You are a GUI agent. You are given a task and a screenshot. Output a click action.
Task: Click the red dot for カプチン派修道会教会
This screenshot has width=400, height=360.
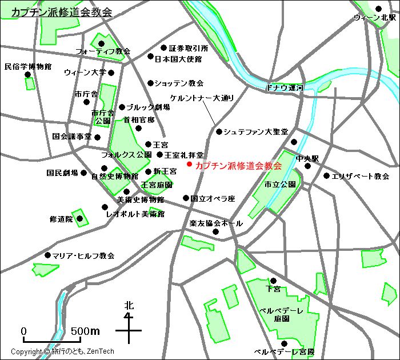(189, 165)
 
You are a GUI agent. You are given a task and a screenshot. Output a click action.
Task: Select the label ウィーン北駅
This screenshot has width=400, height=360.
(374, 18)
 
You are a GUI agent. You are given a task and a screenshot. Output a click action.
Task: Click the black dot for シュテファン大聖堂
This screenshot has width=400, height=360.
(219, 132)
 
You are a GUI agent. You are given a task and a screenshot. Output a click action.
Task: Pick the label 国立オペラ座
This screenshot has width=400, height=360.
(213, 199)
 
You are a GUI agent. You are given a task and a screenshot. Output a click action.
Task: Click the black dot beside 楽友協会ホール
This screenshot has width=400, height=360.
(216, 231)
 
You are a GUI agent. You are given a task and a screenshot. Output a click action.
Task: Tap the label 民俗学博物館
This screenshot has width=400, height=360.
(27, 66)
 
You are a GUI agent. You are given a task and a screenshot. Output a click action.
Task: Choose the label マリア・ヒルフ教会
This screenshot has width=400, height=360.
(83, 255)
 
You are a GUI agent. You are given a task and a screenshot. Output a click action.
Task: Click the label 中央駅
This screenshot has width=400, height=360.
(307, 158)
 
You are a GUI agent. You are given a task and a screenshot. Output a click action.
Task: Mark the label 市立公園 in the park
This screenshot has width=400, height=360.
(279, 185)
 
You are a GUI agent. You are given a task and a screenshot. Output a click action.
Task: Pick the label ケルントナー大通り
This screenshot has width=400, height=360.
(202, 98)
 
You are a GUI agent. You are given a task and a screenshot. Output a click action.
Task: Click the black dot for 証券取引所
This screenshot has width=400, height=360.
(163, 48)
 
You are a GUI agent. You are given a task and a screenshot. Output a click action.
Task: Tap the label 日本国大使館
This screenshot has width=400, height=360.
(178, 58)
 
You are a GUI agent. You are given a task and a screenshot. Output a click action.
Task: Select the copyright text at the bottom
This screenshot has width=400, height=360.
(62, 351)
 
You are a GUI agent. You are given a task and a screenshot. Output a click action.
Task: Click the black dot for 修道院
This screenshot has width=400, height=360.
(80, 218)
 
